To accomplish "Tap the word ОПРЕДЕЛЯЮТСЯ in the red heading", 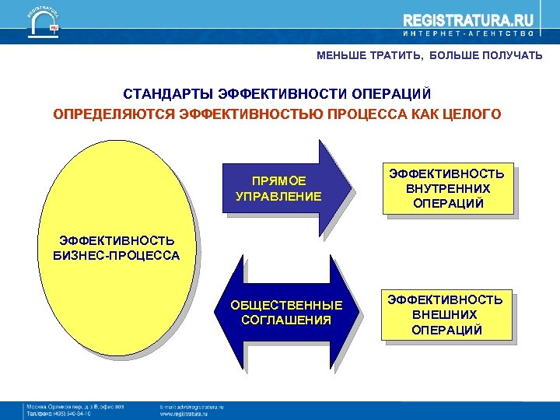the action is click(x=114, y=114).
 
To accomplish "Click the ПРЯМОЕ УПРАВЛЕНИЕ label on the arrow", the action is click(x=278, y=189).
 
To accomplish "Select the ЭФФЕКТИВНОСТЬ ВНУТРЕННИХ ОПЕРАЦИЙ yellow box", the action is click(x=446, y=188).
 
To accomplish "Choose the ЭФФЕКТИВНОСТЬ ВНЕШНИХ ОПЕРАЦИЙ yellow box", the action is click(x=446, y=315).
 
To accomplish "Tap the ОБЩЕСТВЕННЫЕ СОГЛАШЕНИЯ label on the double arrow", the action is click(x=286, y=313).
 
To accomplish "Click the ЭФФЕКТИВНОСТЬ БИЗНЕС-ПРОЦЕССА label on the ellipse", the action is click(x=116, y=248).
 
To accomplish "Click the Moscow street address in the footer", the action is click(x=75, y=407).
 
